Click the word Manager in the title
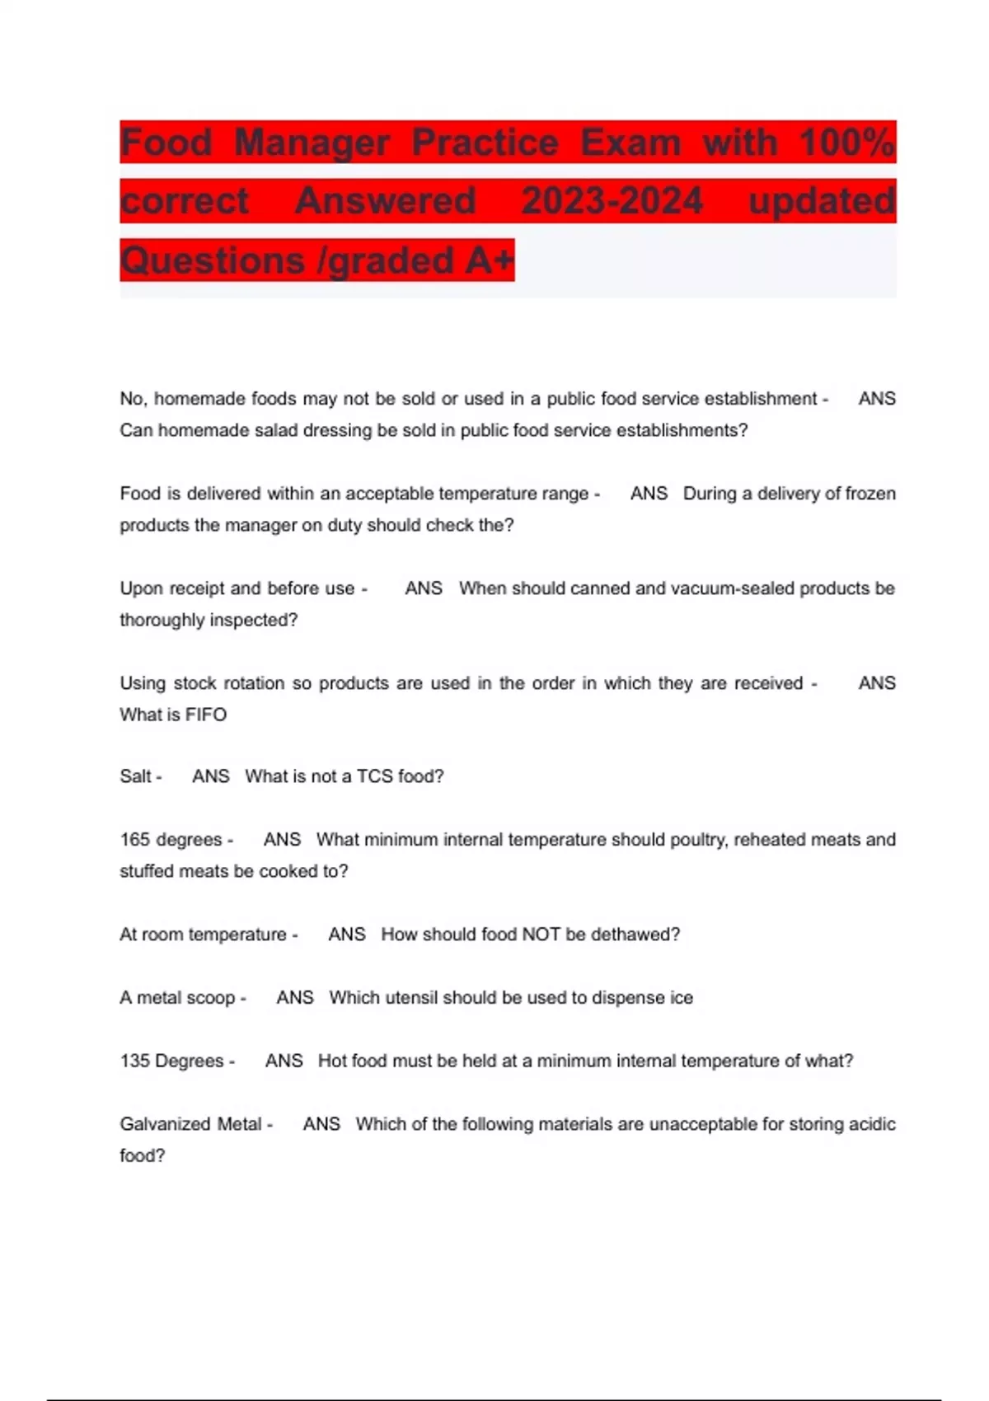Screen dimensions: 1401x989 (312, 143)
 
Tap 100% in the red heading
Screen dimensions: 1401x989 (846, 143)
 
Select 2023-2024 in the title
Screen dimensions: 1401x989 (612, 201)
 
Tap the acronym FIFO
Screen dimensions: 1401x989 (206, 715)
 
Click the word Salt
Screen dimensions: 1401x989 (136, 776)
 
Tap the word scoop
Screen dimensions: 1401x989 (209, 998)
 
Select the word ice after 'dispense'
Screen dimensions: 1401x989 (682, 998)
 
